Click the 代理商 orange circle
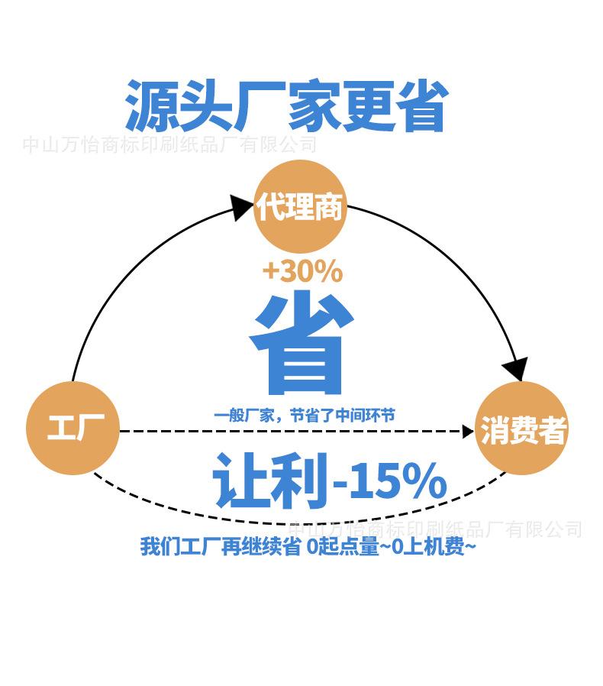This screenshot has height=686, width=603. coord(300,206)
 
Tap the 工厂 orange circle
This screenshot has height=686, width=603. coord(73,428)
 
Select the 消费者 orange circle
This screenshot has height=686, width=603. coord(524,430)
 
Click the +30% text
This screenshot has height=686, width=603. coord(302,270)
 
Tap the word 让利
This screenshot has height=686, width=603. coord(272,481)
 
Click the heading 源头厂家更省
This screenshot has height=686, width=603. coord(285,106)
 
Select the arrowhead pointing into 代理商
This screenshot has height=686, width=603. coord(242,207)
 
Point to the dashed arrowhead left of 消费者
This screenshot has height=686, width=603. coord(468,432)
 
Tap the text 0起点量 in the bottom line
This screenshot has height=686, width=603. coord(343,547)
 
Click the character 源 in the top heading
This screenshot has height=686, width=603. coord(150,106)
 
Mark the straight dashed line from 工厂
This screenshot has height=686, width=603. coord(290,432)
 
